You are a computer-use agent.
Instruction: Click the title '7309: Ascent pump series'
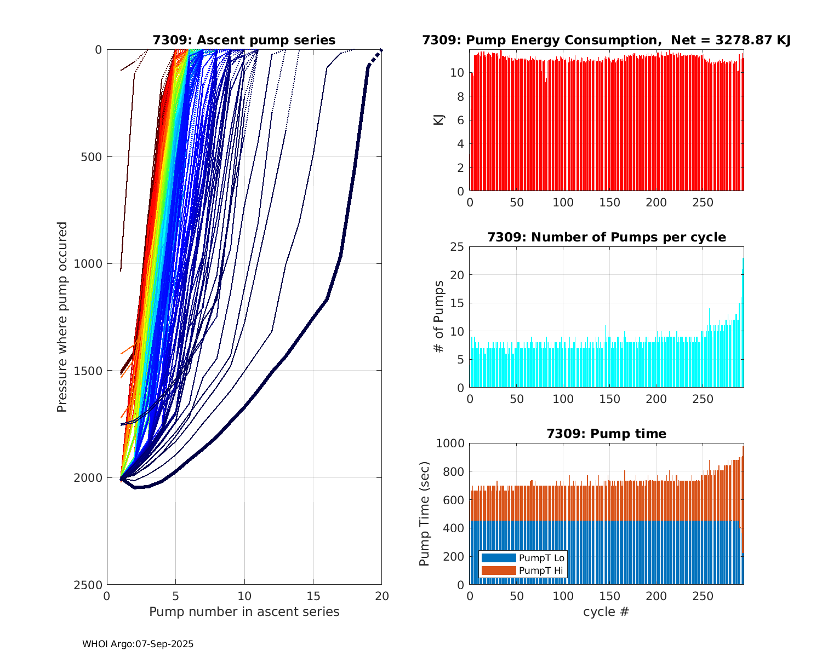[244, 40]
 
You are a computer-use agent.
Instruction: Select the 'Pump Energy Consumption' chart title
[606, 40]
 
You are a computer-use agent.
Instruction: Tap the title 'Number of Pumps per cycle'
[606, 237]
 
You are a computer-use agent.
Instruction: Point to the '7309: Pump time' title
[606, 434]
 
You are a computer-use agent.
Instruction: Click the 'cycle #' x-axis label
[606, 612]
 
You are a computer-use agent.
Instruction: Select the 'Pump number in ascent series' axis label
[244, 612]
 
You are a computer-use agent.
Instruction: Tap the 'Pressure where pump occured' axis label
[62, 316]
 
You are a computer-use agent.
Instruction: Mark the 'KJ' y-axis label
[438, 119]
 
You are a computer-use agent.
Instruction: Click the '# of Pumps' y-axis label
[438, 316]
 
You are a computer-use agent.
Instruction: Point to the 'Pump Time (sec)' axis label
[424, 514]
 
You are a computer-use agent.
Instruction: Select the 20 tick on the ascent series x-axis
[382, 596]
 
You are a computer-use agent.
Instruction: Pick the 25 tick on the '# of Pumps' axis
[457, 247]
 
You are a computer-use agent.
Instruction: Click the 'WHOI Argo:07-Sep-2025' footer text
[138, 644]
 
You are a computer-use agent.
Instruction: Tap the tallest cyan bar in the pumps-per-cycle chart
[743, 323]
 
